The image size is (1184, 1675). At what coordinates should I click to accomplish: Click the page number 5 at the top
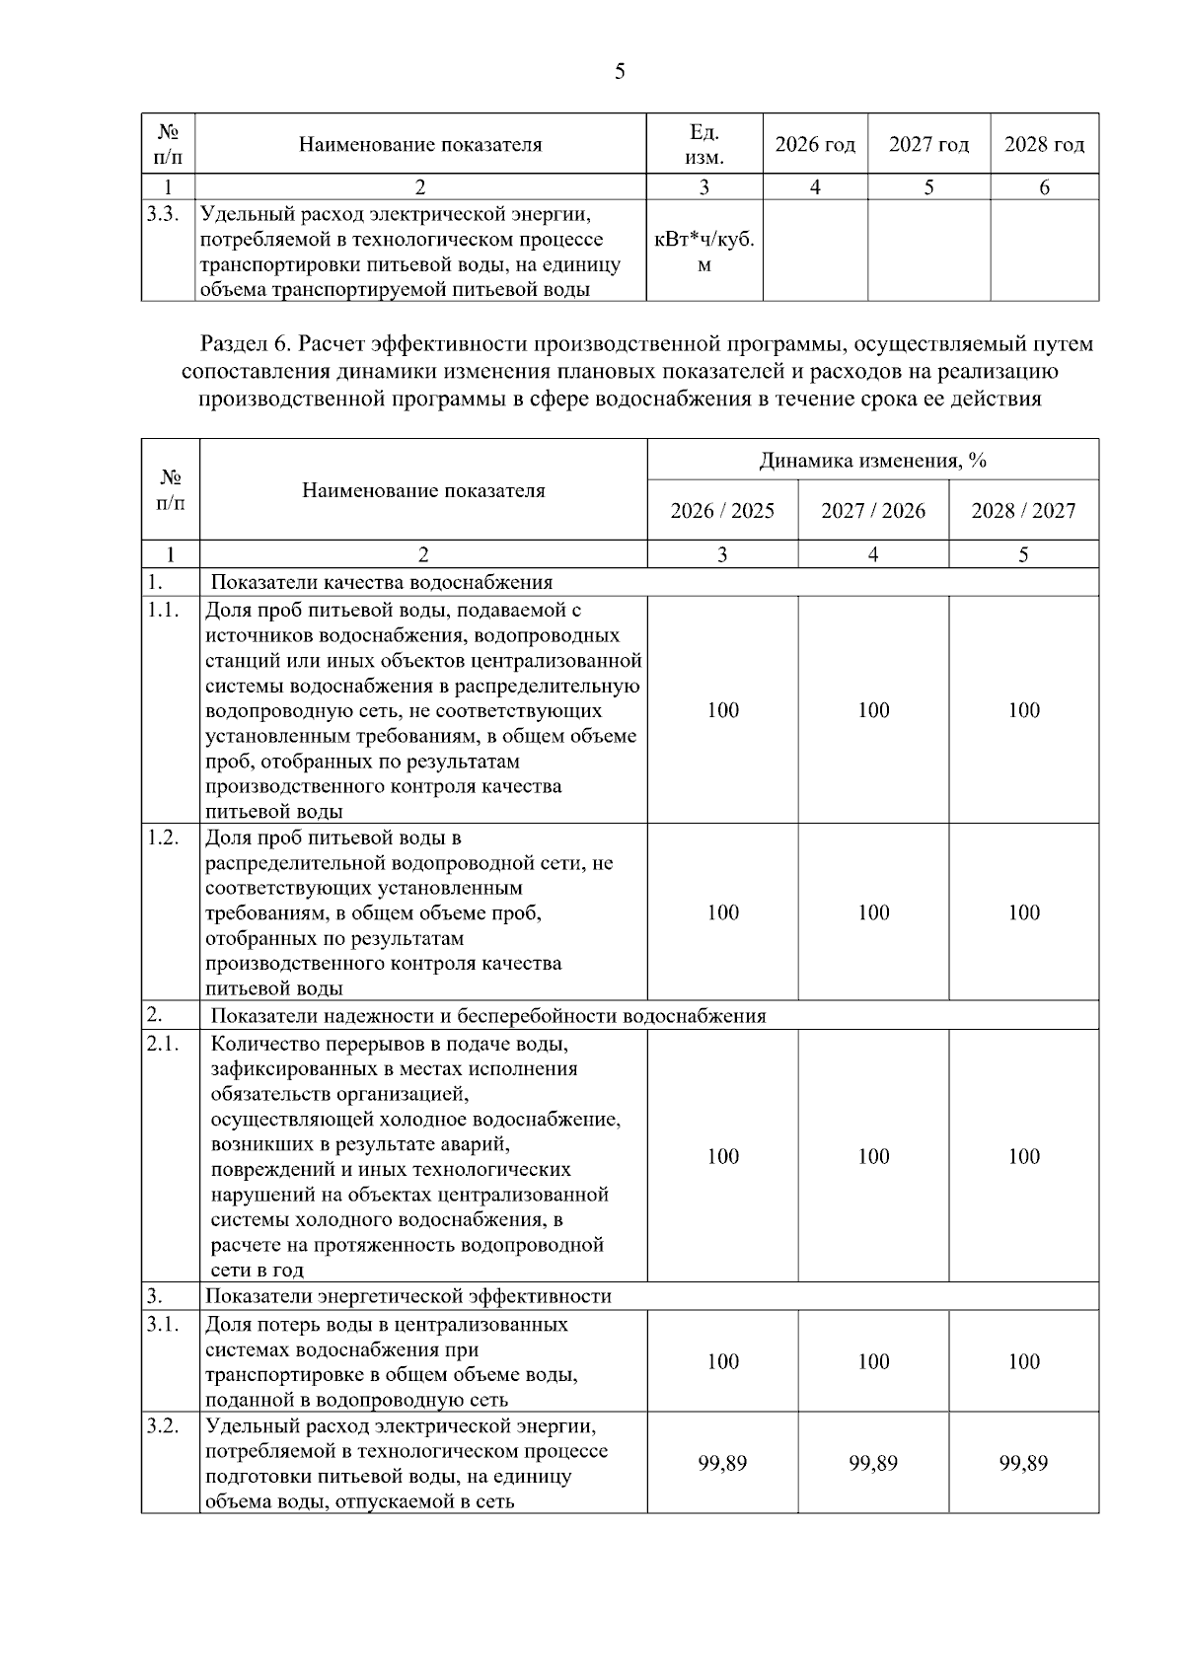click(620, 71)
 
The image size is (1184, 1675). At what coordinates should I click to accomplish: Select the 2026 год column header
click(814, 145)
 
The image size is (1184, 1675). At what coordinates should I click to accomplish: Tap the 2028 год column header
click(1044, 145)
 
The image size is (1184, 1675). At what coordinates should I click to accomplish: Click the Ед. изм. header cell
click(704, 145)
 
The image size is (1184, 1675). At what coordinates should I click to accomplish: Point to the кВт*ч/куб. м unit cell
click(704, 252)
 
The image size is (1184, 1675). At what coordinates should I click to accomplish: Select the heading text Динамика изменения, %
click(873, 461)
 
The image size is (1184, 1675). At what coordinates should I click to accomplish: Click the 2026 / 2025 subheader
click(722, 511)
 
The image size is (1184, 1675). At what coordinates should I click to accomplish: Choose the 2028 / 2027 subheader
click(1023, 511)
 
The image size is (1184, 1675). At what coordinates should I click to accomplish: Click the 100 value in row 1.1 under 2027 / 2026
click(873, 710)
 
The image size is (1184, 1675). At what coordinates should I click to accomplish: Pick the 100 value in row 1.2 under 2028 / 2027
click(1023, 912)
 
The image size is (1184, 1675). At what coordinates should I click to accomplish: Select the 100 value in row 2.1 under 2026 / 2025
click(722, 1156)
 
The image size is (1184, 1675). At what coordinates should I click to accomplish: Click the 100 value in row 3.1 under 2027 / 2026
click(873, 1361)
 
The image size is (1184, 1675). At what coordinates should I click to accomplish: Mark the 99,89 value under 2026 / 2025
click(722, 1463)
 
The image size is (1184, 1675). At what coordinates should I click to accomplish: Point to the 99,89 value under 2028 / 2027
click(1023, 1463)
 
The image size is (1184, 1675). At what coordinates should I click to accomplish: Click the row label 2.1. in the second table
click(163, 1044)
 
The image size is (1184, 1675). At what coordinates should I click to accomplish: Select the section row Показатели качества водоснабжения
click(382, 582)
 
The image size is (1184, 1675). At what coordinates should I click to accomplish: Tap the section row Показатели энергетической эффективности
click(408, 1296)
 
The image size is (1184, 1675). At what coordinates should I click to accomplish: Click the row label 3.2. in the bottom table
click(163, 1426)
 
